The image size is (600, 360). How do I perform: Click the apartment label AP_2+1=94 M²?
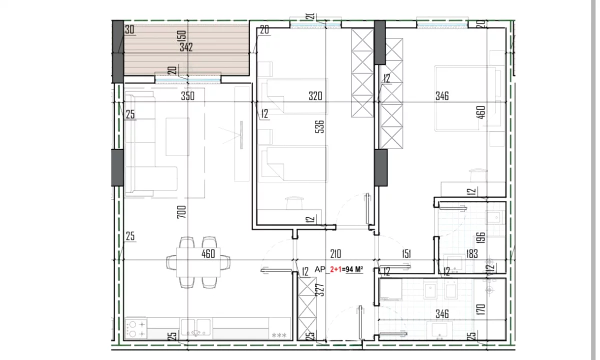(339, 269)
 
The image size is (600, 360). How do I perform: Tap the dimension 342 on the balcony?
(186, 47)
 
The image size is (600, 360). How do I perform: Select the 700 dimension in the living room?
(181, 212)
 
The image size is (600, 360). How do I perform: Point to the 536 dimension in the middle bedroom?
(320, 126)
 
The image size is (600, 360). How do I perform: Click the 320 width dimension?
(315, 96)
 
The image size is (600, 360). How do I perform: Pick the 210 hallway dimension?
(335, 253)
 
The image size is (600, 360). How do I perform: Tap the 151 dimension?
(406, 253)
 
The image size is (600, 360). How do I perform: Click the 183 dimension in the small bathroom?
(472, 253)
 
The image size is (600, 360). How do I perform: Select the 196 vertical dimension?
(481, 237)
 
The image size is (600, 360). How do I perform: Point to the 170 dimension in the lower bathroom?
(481, 309)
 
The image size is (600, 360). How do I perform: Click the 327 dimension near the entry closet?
(320, 290)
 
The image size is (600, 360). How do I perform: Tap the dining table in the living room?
(198, 262)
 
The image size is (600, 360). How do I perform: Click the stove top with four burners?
(136, 329)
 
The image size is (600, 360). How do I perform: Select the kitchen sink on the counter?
(195, 327)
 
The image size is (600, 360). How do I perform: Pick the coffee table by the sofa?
(177, 136)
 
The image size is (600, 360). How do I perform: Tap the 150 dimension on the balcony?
(181, 36)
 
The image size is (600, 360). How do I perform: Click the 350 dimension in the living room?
(187, 96)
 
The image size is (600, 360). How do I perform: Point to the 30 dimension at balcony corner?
(129, 29)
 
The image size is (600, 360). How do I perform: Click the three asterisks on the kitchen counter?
(279, 335)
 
